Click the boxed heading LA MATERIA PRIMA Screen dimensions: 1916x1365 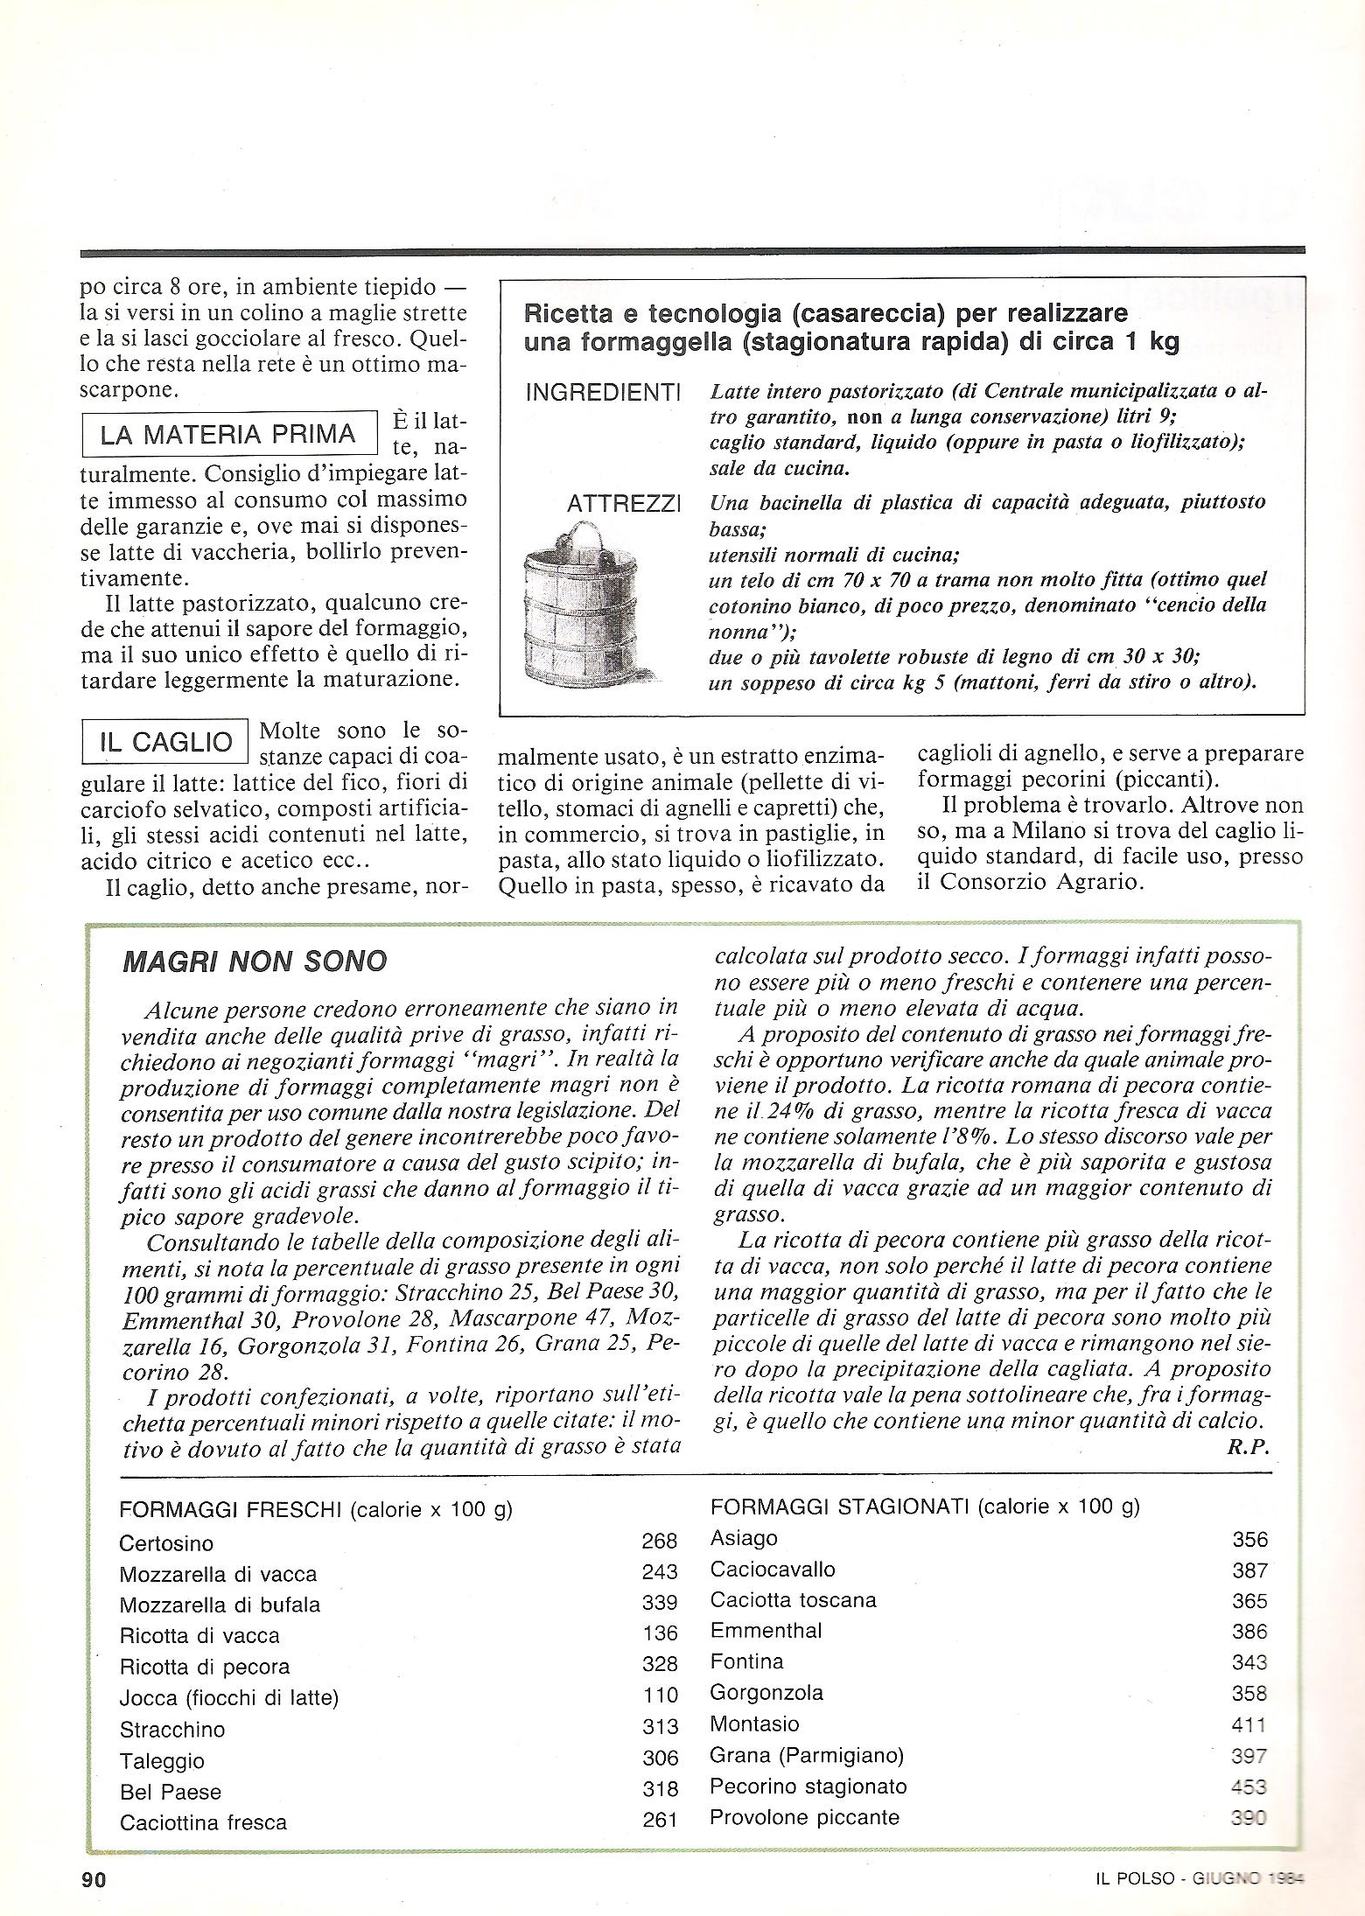[228, 435]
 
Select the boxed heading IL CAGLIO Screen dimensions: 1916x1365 [165, 743]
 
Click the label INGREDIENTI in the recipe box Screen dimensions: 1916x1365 [603, 394]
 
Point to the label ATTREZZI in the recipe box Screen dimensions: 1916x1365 [624, 505]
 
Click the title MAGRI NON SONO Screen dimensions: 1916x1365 [255, 961]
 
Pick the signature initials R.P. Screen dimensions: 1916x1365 [1248, 1446]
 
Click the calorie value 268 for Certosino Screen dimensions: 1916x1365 [660, 1541]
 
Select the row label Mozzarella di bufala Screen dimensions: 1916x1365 [220, 1605]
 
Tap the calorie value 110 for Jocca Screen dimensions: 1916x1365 [660, 1696]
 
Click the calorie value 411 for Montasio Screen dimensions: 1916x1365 [1249, 1724]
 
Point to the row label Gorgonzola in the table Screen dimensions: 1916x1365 [766, 1692]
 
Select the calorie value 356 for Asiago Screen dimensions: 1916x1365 [1249, 1540]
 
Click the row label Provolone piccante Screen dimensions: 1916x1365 [804, 1817]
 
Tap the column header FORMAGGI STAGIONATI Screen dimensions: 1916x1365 [840, 1506]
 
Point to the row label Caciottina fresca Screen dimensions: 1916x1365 [203, 1822]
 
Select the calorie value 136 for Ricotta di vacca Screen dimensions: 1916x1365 [660, 1633]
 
